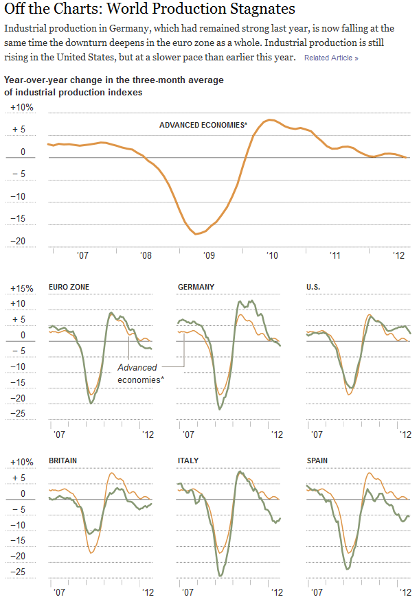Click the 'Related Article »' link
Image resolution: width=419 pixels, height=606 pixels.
(x=330, y=58)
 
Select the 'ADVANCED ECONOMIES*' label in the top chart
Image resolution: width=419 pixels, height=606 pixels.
(x=203, y=125)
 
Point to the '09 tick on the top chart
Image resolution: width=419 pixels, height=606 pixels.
(x=209, y=255)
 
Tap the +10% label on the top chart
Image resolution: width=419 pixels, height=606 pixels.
(x=22, y=108)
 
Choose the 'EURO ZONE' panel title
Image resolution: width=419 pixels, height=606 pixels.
(x=69, y=287)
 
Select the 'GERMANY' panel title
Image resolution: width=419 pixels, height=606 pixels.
(x=196, y=287)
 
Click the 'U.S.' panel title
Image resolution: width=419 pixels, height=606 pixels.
(x=313, y=287)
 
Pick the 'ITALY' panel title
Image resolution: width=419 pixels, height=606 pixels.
(x=188, y=461)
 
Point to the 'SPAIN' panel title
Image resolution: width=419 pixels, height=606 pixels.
(x=317, y=461)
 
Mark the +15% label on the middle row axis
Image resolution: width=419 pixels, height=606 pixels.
(x=22, y=288)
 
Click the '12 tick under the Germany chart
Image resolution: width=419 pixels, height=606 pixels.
(x=277, y=434)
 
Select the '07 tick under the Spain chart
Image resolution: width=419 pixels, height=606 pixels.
(x=317, y=591)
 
